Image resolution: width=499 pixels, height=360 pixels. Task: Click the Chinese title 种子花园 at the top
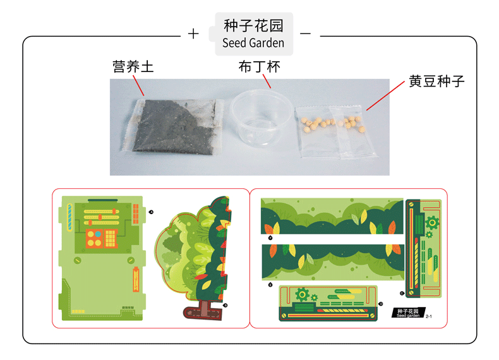point(253,26)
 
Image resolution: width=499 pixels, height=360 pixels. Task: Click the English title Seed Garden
point(253,43)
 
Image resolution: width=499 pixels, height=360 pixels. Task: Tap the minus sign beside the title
point(305,33)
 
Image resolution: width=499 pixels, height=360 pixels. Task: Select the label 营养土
point(133,66)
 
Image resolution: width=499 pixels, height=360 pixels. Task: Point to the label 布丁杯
point(258,66)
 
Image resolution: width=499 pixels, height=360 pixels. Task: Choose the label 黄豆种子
point(436,81)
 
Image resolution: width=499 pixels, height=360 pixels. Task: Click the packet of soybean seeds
point(335,129)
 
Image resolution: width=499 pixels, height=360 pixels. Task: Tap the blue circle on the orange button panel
point(98,233)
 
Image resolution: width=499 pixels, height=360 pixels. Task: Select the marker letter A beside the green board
point(151,212)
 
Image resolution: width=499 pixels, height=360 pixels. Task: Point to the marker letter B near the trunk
point(225,305)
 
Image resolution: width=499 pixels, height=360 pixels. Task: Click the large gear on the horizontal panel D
point(302,294)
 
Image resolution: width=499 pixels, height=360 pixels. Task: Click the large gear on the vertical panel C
point(432,222)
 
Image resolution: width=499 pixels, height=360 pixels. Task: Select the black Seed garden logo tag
point(406,313)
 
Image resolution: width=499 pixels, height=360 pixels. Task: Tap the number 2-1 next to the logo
point(429,316)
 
